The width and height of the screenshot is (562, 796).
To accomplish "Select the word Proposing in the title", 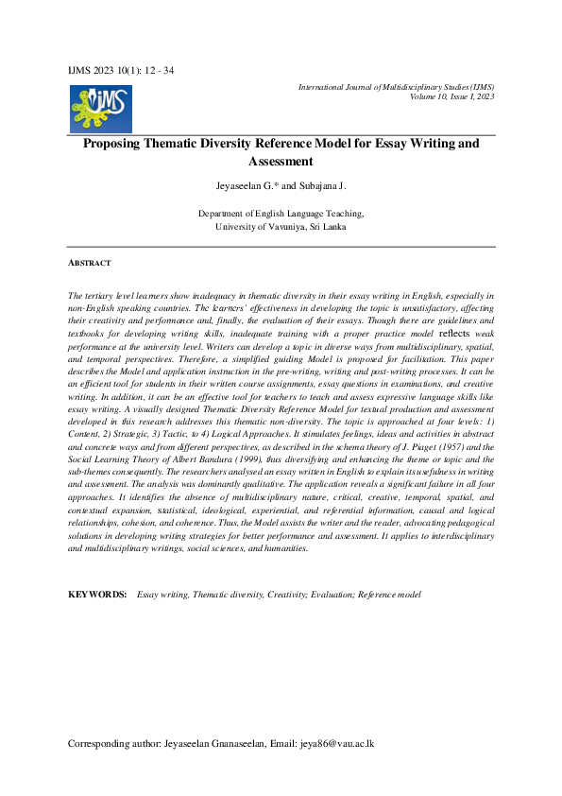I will click(x=116, y=144).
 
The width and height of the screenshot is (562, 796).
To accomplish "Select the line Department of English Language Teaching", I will click(x=281, y=215).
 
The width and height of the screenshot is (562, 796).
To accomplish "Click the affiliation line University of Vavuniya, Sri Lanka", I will click(x=281, y=227).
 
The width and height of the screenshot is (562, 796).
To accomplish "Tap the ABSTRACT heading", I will click(x=90, y=263).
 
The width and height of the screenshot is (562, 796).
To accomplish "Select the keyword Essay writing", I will click(x=162, y=594).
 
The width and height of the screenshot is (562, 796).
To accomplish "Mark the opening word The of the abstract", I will click(x=76, y=297).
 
